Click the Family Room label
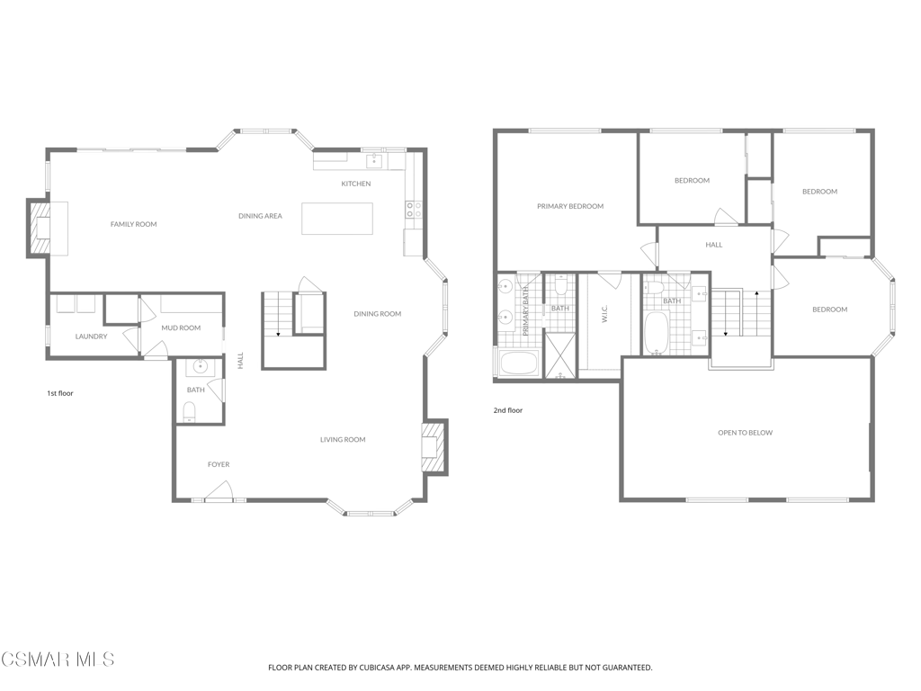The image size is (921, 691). (134, 224)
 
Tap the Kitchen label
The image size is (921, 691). (356, 184)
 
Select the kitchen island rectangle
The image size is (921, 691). (337, 219)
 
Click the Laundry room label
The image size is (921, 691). (91, 337)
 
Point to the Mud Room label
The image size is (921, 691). (181, 328)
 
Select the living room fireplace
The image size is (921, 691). (434, 447)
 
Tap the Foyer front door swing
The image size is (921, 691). (219, 491)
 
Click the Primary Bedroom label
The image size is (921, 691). (570, 206)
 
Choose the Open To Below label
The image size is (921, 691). (746, 433)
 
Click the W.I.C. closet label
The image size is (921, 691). (604, 313)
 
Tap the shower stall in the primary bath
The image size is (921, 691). (559, 354)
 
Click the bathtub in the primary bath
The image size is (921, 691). (519, 363)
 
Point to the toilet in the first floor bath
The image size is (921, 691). (189, 410)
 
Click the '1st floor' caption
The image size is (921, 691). (60, 394)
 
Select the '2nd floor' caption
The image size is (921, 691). (508, 410)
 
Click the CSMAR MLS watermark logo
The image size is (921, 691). (58, 660)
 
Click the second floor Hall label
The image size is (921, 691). (714, 245)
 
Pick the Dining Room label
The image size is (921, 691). (378, 314)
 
